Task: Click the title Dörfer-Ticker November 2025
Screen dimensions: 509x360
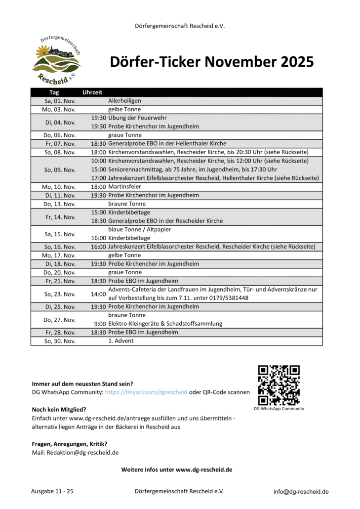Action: click(x=211, y=62)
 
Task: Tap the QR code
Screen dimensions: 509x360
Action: click(x=279, y=385)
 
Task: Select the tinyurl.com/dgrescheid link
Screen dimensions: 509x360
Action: click(x=146, y=392)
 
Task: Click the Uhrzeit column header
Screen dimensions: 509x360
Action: click(x=92, y=92)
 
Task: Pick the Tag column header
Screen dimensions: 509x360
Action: click(x=54, y=92)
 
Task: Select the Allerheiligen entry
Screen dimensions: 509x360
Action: click(x=124, y=101)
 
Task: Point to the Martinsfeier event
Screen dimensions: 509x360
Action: click(x=124, y=186)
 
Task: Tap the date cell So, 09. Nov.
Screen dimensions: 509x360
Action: click(x=60, y=170)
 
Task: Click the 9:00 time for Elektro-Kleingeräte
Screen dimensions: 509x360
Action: click(x=99, y=324)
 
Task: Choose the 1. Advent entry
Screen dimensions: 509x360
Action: click(x=120, y=341)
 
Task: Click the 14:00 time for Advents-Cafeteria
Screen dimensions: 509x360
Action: click(x=98, y=294)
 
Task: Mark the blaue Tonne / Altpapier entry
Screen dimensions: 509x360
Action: click(x=139, y=229)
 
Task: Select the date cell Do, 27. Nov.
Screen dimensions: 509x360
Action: click(x=60, y=319)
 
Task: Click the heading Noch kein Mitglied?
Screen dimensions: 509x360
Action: click(x=59, y=409)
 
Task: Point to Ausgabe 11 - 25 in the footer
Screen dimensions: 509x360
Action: click(x=52, y=491)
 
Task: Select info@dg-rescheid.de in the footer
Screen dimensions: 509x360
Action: click(x=301, y=492)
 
